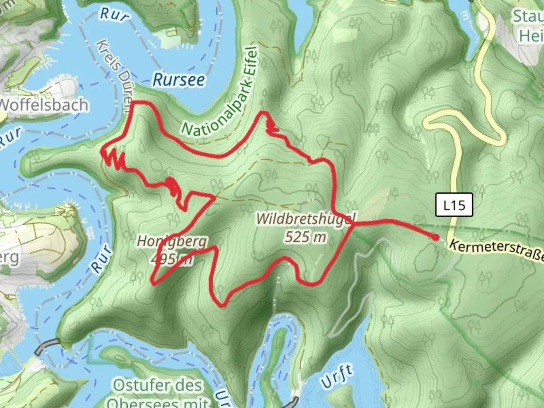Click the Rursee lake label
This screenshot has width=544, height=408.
(x=179, y=80)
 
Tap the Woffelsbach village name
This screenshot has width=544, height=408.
(x=44, y=105)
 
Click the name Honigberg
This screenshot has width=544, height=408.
(x=172, y=241)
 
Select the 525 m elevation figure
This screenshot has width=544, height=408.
(x=305, y=237)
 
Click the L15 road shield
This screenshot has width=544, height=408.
(x=454, y=205)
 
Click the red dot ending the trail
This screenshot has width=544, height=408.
(x=436, y=238)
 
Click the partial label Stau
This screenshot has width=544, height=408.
(x=528, y=17)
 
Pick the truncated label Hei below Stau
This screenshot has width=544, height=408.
(x=531, y=36)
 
